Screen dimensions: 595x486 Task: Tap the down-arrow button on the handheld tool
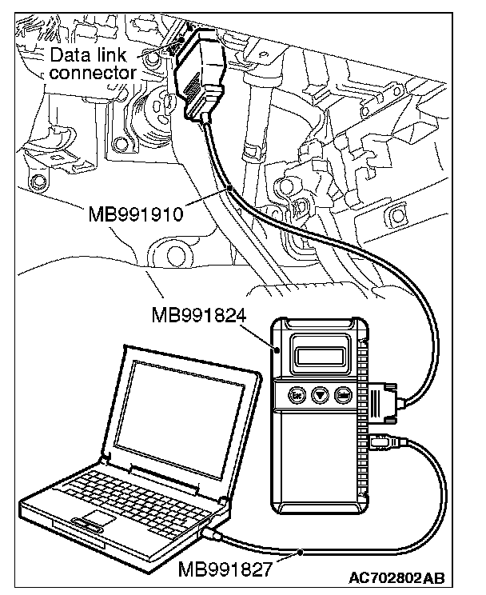(x=320, y=395)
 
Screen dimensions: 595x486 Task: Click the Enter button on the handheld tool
(x=345, y=395)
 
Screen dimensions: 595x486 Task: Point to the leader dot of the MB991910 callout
(x=230, y=188)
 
